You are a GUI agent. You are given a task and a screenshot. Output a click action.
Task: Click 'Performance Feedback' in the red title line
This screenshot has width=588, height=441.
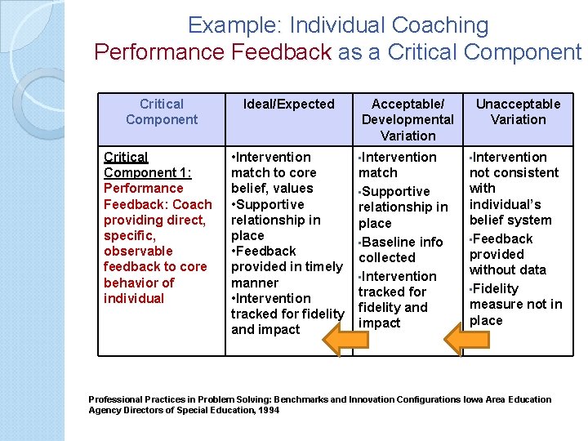212,52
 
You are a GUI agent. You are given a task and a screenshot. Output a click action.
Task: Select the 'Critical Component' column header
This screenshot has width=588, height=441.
162,112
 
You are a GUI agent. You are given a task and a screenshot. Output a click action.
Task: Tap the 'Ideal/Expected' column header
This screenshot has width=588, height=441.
289,104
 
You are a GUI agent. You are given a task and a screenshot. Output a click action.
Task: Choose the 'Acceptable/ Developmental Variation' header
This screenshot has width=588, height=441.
408,119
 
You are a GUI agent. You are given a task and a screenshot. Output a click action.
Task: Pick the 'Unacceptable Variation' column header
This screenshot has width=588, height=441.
518,112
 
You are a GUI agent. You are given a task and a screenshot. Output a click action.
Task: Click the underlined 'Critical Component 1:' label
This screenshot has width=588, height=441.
148,164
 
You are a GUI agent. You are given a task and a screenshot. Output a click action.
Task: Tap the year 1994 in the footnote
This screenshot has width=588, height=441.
267,410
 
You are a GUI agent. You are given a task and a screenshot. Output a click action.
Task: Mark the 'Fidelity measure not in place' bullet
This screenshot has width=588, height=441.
515,304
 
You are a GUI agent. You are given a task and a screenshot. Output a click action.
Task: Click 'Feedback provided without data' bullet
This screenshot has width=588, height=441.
507,254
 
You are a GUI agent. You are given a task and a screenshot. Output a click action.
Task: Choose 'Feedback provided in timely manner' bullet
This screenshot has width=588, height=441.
286,267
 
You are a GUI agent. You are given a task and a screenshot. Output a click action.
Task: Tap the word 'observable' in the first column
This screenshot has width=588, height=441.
138,251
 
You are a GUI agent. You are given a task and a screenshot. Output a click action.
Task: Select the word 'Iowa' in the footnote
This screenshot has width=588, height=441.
473,399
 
